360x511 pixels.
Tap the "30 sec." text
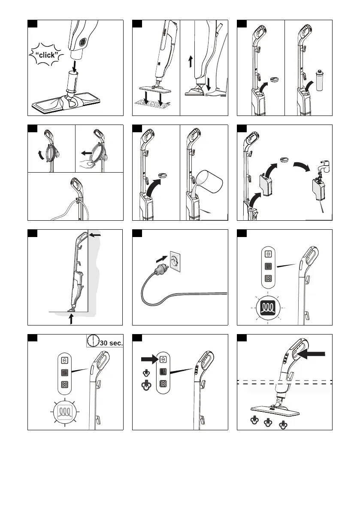coord(111,343)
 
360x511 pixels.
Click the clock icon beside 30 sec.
coord(92,341)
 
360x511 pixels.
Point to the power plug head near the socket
coord(160,269)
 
